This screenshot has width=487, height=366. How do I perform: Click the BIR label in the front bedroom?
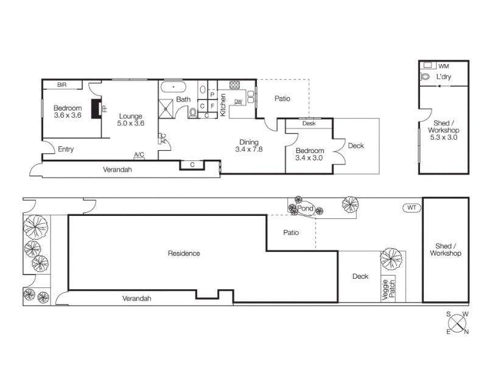pos(62,85)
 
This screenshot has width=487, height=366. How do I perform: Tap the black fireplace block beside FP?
pos(96,109)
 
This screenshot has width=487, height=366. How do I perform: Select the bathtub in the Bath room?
pos(173,87)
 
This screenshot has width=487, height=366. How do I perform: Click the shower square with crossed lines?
pos(166,109)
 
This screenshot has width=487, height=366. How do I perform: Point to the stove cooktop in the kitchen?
pos(234,85)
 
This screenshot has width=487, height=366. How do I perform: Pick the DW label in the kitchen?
pos(238,101)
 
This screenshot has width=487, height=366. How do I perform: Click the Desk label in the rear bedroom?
pos(309,124)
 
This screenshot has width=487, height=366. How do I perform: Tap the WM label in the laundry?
pos(444,66)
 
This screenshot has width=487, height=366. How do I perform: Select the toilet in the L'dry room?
pos(425,76)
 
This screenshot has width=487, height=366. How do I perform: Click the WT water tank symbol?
pos(412,208)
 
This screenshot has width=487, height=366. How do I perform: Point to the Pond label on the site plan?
pos(306,208)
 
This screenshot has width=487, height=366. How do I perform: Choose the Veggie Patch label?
pos(388,290)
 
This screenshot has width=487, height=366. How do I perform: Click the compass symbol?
pos(457,323)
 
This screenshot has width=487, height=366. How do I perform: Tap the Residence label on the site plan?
pos(184,253)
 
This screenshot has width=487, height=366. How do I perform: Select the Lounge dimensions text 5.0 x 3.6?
pos(131,123)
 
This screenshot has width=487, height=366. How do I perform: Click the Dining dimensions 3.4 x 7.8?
pos(249,149)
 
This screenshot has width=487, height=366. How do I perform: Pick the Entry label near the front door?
pos(66,149)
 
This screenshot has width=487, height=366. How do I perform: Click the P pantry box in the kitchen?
pos(212,95)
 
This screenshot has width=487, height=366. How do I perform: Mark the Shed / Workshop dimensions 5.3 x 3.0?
pos(444,137)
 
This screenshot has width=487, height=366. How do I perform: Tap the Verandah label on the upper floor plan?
pos(117,170)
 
